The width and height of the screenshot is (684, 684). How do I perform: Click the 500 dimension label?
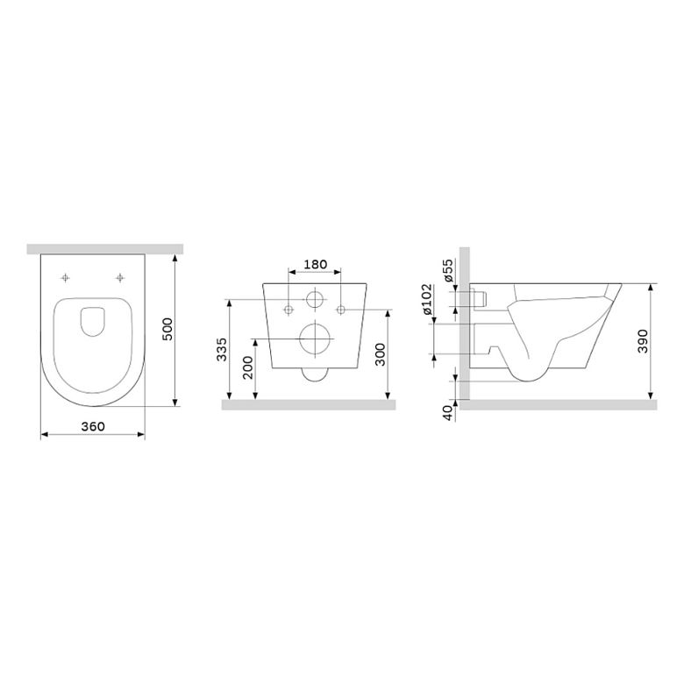[168, 330]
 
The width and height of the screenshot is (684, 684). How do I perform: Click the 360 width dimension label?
[93, 426]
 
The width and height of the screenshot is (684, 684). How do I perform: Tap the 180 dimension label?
[315, 264]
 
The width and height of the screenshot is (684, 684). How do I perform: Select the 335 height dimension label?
[222, 349]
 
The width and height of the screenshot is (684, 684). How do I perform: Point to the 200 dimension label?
[248, 367]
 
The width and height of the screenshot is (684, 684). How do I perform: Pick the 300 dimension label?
[381, 354]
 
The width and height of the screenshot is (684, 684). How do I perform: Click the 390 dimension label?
[643, 342]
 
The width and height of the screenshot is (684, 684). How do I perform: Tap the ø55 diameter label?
[448, 271]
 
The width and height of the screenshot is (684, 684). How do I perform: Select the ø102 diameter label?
[427, 299]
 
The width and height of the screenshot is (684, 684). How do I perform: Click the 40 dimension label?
[448, 413]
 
